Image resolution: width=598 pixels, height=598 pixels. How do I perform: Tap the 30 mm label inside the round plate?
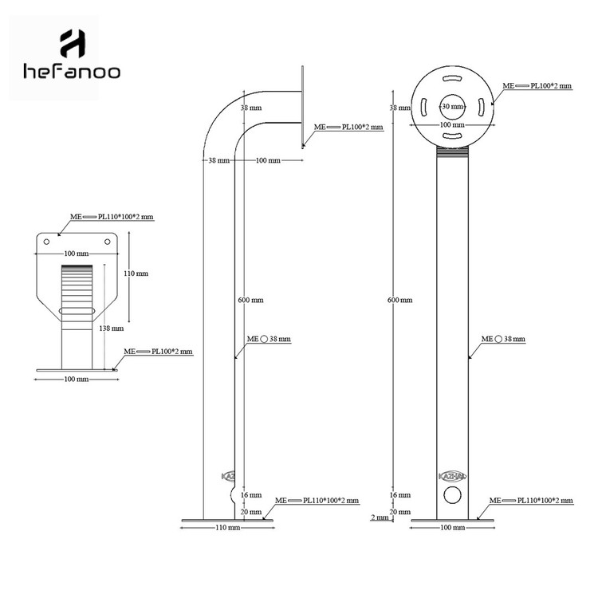coord(452,106)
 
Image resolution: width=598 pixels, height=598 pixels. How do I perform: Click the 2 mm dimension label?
coord(380,517)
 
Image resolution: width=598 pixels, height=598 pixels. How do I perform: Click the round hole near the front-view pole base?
coord(452,496)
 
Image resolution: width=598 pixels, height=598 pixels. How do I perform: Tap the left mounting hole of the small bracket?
coord(47,239)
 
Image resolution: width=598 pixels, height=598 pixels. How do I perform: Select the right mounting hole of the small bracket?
coord(108,239)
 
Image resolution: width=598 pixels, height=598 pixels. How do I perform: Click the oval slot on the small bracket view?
coord(77,309)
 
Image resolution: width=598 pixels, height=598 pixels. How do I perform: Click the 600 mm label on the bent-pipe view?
coord(250,301)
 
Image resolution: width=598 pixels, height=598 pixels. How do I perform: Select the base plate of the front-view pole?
coord(452,521)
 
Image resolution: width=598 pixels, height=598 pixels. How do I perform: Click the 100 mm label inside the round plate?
coord(452,125)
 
